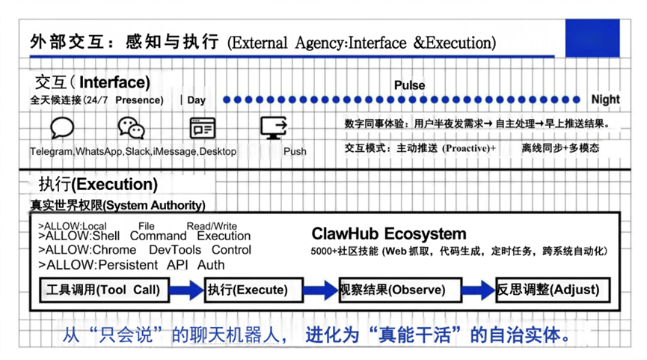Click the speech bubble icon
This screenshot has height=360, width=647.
(62, 128)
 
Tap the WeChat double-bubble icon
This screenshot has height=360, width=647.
(132, 128)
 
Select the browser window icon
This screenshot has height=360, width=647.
(202, 128)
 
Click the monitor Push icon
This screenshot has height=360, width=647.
(275, 128)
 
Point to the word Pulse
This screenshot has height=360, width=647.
(409, 85)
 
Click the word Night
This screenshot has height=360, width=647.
(605, 100)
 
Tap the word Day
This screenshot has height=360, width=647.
(197, 100)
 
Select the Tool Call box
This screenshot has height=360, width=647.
(105, 290)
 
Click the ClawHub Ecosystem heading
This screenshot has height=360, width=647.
(388, 234)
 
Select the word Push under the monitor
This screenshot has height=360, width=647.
(295, 151)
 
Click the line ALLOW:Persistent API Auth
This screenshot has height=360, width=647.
(131, 264)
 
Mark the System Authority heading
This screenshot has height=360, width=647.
(117, 204)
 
